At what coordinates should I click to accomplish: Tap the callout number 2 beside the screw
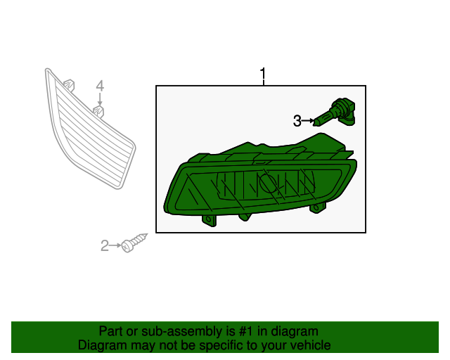(x=105, y=245)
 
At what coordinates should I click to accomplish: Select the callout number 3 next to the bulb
(x=297, y=121)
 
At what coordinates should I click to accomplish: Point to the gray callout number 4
(x=100, y=86)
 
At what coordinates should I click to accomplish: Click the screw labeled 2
(x=134, y=243)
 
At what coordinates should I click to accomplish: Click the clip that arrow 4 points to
(x=98, y=111)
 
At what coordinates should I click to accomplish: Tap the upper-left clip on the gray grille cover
(x=69, y=85)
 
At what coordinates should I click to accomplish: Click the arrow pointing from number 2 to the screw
(x=115, y=245)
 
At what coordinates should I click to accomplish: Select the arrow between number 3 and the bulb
(x=308, y=121)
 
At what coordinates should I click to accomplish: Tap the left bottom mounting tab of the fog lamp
(x=210, y=220)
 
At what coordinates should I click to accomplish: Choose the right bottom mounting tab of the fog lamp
(x=318, y=207)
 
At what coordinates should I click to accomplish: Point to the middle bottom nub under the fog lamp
(x=245, y=217)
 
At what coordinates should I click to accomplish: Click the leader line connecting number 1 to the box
(x=263, y=83)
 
